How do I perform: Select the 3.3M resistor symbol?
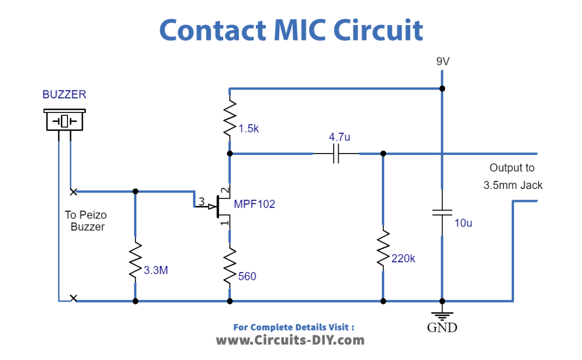point(135,260)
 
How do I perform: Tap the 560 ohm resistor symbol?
point(230,266)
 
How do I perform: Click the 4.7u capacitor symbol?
point(336,154)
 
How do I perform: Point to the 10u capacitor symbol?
point(442,212)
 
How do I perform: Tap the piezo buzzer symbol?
point(64,120)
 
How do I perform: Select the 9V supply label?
point(443,61)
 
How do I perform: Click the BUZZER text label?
point(64,94)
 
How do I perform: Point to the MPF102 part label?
point(255,204)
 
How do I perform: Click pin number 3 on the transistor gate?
point(201,201)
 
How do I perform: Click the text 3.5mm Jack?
point(513,185)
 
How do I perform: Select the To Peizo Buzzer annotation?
point(86,220)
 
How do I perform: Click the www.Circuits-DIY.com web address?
point(290,340)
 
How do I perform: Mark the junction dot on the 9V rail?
point(442,88)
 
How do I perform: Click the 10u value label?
point(463,223)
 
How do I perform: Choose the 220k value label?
point(403,258)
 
